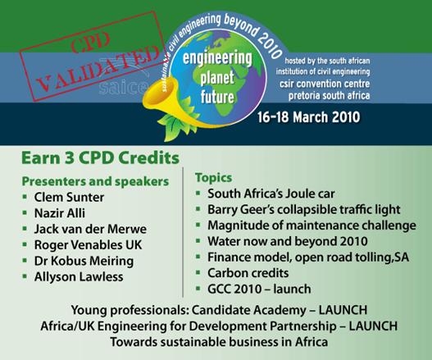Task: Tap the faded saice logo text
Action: (x=123, y=87)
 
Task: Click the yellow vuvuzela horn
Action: (x=162, y=105)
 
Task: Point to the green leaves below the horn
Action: (x=174, y=126)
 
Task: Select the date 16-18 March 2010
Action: (x=309, y=117)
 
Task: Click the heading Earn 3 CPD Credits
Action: (x=101, y=158)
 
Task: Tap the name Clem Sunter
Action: (x=69, y=198)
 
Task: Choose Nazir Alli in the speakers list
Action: (x=60, y=213)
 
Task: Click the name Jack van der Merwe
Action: (x=90, y=229)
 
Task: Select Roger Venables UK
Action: (x=89, y=244)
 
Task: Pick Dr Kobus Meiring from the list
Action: (x=84, y=261)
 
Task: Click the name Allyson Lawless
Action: (x=79, y=276)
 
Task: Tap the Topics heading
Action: (x=213, y=178)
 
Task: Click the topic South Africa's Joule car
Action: (x=271, y=194)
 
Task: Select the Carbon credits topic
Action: (x=248, y=273)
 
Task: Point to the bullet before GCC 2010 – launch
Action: (x=198, y=289)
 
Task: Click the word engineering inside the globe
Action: (x=217, y=59)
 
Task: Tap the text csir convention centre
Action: (x=325, y=84)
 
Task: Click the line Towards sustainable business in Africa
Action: (x=220, y=342)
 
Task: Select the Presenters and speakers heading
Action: (x=95, y=182)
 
